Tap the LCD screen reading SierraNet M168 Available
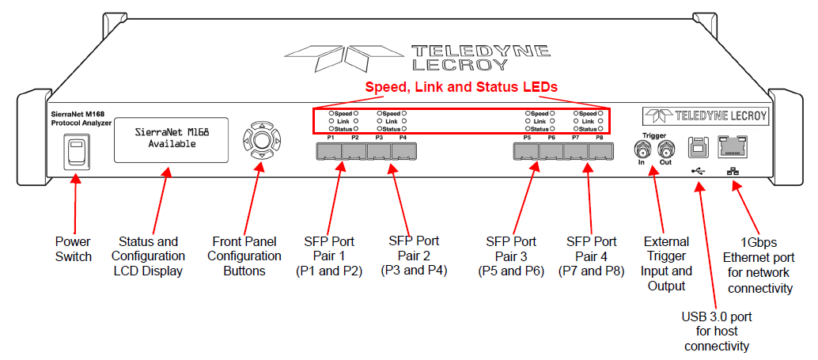coord(171,139)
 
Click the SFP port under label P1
coord(328,151)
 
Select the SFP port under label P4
coord(403,151)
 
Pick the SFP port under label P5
coord(526,151)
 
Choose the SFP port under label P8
coord(601,151)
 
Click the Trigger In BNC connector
coord(641,151)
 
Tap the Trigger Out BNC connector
coord(665,151)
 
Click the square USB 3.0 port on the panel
coord(698,147)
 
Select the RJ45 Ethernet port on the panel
coord(733,146)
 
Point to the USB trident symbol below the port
coord(698,171)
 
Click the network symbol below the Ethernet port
coord(732,171)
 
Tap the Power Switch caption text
coord(74,249)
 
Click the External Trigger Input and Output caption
coord(666,263)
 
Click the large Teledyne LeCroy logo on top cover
coord(418,58)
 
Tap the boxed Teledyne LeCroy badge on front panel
coord(706,116)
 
